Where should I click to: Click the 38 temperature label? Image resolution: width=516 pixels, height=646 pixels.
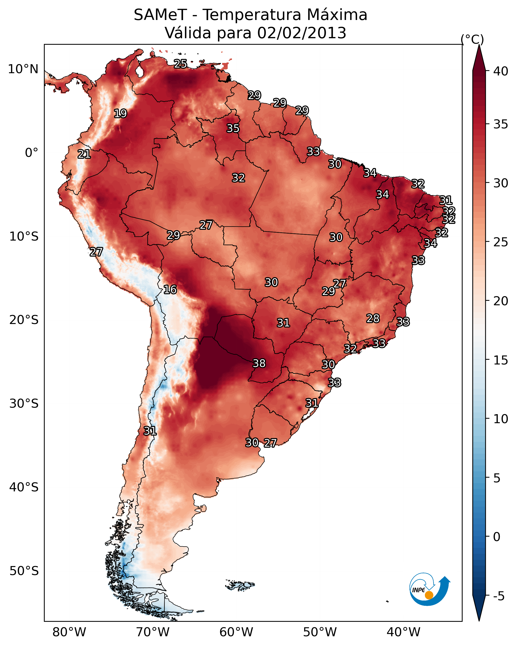point(259,363)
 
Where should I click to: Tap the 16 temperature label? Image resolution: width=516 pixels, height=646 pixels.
point(170,290)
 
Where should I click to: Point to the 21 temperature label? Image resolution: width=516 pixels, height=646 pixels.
point(84,154)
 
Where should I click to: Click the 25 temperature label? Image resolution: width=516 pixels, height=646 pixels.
point(180,63)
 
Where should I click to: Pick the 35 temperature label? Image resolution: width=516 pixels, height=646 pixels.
point(233,128)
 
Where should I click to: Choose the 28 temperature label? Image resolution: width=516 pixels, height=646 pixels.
point(373,318)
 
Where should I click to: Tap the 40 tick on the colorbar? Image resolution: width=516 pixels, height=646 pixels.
point(501,71)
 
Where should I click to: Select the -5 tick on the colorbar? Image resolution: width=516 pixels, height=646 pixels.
point(499,596)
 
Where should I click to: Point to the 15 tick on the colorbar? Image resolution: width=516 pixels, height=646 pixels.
point(501,360)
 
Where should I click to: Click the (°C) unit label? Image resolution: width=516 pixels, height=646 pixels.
point(472,39)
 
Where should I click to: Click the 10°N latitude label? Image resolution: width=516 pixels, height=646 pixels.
point(23,69)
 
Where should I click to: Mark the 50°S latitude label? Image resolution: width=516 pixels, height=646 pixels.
point(24,571)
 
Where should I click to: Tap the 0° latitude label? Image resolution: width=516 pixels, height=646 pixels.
point(31,153)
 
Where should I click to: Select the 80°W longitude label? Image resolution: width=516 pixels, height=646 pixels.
point(69,632)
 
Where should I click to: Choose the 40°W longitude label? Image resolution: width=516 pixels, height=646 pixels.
point(403,632)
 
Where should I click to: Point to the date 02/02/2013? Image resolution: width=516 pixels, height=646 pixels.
point(302,33)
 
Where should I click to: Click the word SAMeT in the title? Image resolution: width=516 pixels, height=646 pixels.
point(160,15)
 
